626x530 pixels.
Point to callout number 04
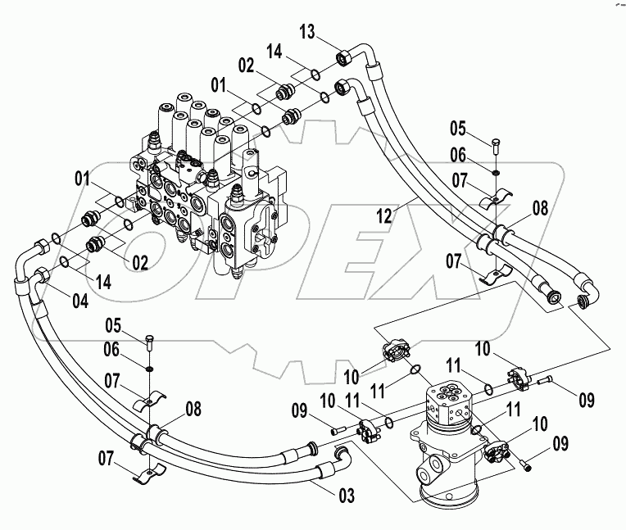tap(79, 301)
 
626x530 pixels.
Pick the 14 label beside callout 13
tap(274, 52)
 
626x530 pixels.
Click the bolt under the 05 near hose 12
tap(497, 148)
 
